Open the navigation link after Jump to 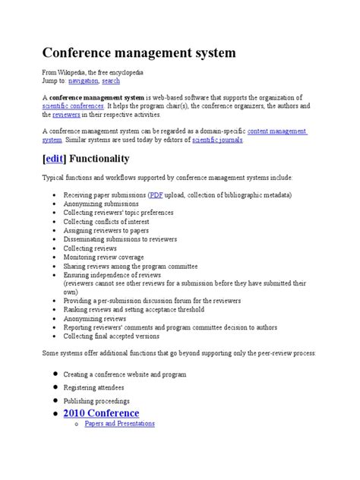point(84,80)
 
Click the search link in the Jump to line point(112,80)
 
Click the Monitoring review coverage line point(103,257)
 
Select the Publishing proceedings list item point(96,400)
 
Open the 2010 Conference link point(101,413)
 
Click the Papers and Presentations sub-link point(119,424)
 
